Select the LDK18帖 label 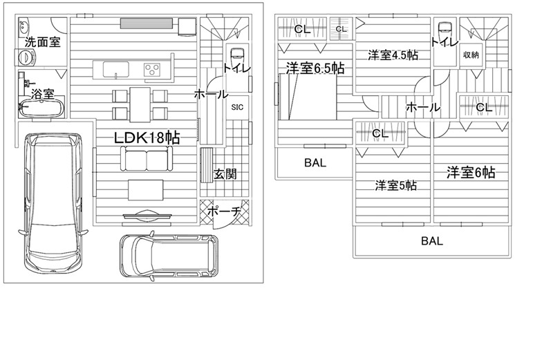point(147,138)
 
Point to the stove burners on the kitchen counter point(152,70)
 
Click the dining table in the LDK point(140,104)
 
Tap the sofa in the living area point(146,160)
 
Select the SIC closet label point(237,107)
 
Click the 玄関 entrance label point(225,173)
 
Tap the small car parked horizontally point(168,254)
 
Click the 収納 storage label point(471,55)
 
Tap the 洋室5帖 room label point(395,185)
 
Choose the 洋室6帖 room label point(470,173)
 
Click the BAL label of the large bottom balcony point(432,242)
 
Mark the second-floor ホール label point(423,107)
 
